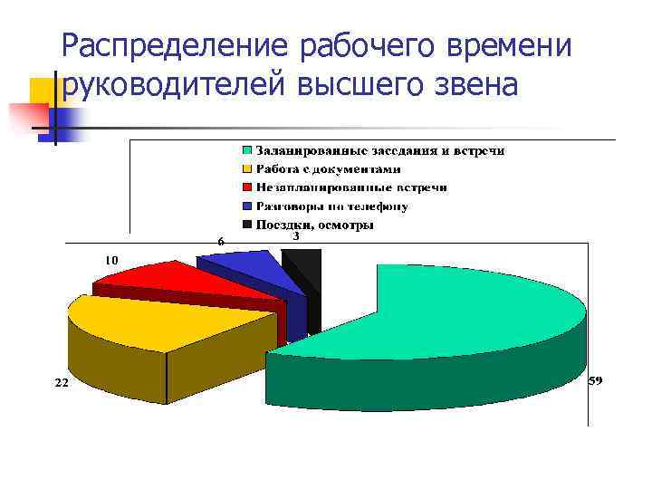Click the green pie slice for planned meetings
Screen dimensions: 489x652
point(471,308)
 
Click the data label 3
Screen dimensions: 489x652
point(295,235)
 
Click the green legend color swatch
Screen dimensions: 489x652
point(246,150)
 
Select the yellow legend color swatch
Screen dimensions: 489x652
point(246,168)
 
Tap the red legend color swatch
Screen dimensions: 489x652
point(246,187)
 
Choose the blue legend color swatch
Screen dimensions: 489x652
point(246,206)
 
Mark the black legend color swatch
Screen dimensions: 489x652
point(246,225)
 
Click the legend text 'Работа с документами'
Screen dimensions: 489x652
point(328,168)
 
